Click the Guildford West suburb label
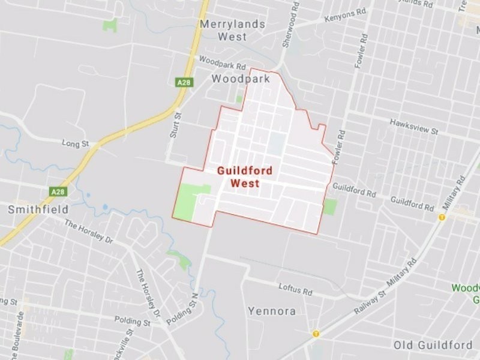coord(244,177)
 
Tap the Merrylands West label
coord(223,31)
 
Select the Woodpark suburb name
coord(241,79)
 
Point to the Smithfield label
coord(38,209)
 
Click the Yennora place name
coord(272,311)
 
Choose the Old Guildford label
coord(433,345)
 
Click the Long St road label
coord(75,143)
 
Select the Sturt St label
coord(175,125)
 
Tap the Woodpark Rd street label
coord(222,64)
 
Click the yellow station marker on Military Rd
coord(442,217)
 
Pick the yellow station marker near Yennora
coord(316,334)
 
